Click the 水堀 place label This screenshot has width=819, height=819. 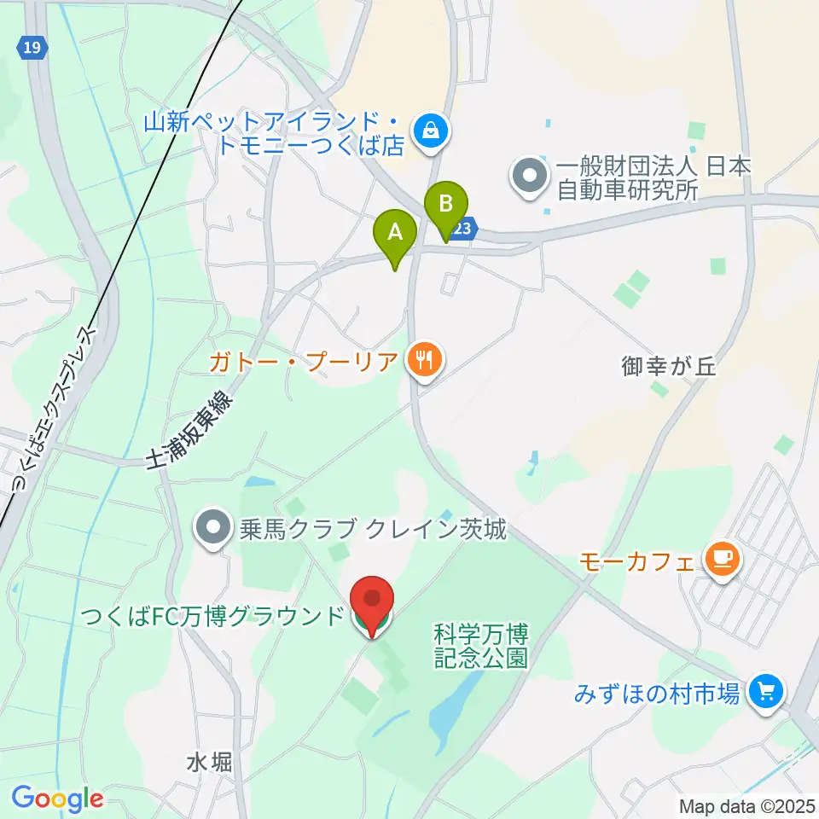209,762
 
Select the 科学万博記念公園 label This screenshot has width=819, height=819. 481,646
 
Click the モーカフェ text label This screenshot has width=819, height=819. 637,561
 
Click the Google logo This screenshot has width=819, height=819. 57,799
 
